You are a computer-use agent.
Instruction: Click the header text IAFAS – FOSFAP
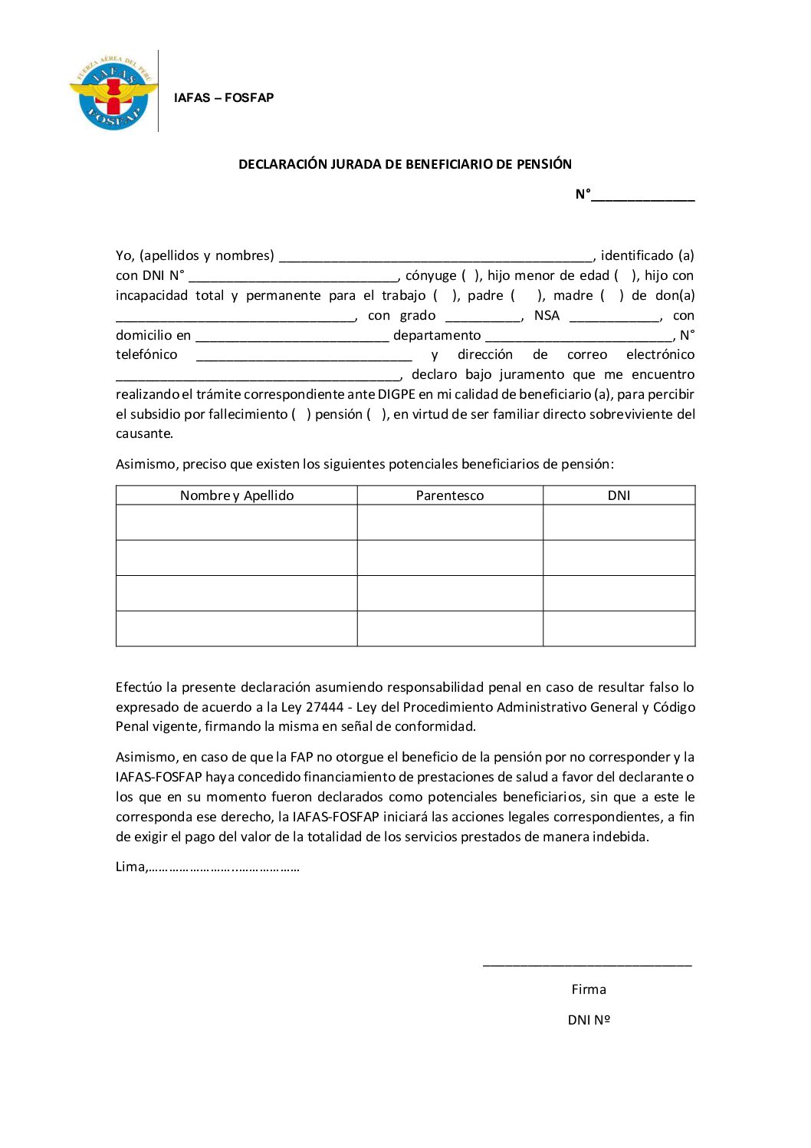223,97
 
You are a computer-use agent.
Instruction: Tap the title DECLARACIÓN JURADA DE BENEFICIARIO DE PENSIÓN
405,164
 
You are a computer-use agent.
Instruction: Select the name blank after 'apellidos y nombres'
435,256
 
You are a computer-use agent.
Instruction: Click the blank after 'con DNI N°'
294,276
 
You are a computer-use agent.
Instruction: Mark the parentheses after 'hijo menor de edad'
625,275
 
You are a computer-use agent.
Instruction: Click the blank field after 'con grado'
483,316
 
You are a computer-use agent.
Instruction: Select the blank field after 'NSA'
614,316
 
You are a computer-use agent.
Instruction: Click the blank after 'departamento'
580,336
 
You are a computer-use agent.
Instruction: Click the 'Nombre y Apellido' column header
237,495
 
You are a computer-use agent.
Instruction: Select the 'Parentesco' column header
450,495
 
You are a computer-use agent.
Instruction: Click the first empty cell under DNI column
619,522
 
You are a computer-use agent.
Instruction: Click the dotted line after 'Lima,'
223,868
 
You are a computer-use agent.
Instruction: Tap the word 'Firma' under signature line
589,989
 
